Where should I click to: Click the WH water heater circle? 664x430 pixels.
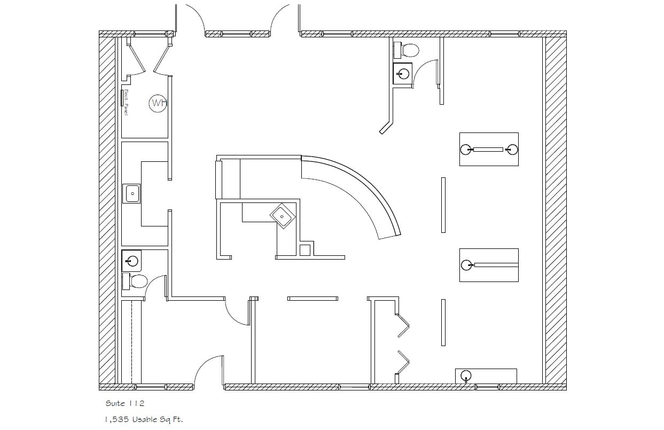click(x=158, y=103)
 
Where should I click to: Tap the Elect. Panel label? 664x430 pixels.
click(x=126, y=103)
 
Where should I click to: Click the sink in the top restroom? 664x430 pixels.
click(x=403, y=74)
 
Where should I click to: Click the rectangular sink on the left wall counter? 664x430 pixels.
click(x=131, y=193)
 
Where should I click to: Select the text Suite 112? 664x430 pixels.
click(x=121, y=403)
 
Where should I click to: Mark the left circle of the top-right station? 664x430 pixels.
click(x=466, y=150)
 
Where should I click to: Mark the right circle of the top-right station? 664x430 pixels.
click(x=513, y=150)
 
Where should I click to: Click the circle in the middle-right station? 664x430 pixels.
click(x=466, y=265)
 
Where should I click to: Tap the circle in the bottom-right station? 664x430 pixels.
click(x=466, y=376)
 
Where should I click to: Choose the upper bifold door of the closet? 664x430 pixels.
click(x=403, y=325)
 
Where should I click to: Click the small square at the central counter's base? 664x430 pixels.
click(x=305, y=250)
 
